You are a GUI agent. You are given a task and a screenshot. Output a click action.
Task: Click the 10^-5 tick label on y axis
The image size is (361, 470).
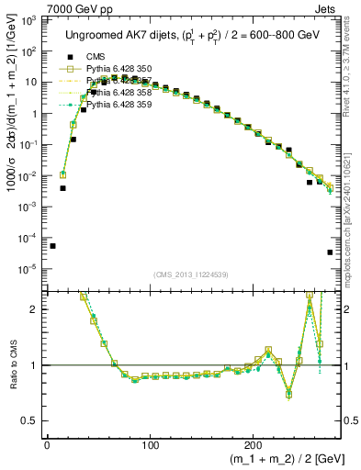(x=28, y=269)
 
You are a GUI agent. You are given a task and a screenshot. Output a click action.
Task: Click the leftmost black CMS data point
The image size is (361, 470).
(x=52, y=246)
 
